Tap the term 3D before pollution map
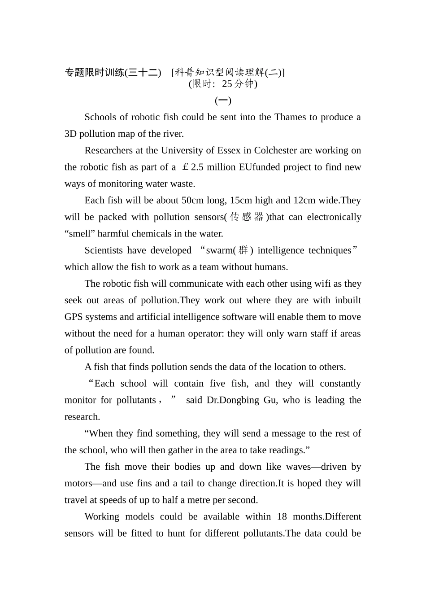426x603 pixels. click(70, 134)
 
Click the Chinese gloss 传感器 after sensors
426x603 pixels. click(246, 217)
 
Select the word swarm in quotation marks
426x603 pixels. click(218, 250)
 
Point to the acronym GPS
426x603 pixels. click(74, 317)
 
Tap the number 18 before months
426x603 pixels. click(282, 516)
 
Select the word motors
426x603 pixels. click(78, 483)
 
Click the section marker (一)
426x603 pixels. click(223, 100)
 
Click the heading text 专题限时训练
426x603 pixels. click(94, 72)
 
